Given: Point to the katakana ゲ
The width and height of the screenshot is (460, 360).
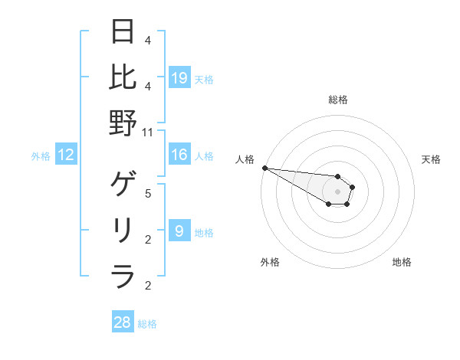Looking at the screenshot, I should [123, 185].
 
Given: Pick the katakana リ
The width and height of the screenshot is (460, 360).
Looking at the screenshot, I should [123, 230].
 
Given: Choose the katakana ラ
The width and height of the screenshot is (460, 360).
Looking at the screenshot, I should [123, 275].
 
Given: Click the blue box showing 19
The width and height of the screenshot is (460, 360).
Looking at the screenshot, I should [179, 77].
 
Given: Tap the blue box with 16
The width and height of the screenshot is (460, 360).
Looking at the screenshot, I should [179, 155].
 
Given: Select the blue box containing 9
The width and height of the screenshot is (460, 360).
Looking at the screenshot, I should [179, 231].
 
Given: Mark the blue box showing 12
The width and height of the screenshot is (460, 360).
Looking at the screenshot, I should [66, 155].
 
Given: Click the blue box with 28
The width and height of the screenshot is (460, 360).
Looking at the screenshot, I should [123, 322].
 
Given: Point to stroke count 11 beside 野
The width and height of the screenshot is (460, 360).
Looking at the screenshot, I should [148, 132].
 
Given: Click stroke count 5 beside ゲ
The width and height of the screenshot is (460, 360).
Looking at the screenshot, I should [148, 193].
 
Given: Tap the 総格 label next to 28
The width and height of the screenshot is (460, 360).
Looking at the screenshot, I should [147, 324].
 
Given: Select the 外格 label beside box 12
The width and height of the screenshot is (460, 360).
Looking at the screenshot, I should [41, 156].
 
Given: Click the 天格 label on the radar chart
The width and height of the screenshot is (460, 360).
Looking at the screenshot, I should [432, 159].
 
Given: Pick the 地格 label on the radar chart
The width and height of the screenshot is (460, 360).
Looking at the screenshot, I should [402, 262].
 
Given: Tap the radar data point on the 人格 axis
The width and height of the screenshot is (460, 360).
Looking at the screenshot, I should [264, 168].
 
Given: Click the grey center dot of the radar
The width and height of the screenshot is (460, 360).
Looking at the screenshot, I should [338, 191].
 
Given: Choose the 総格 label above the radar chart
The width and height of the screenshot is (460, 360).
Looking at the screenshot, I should [338, 100].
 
